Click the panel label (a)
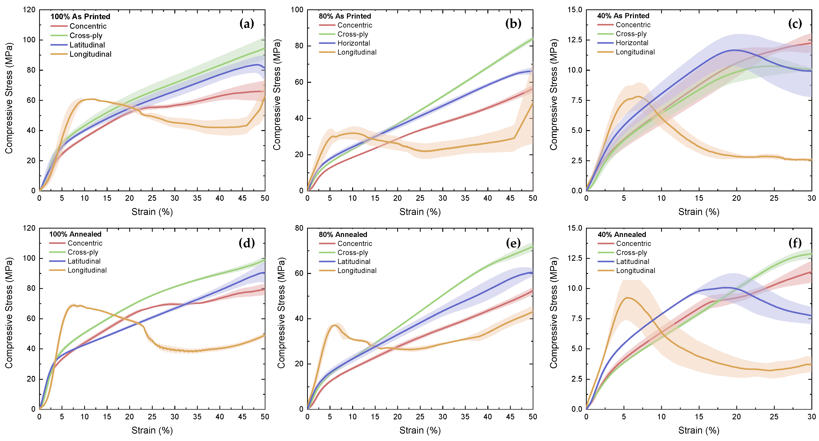click(246, 24)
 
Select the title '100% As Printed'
click(80, 16)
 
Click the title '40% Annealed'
click(622, 235)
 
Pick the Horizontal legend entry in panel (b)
click(353, 43)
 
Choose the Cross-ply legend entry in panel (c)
click(631, 34)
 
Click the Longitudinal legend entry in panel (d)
click(87, 270)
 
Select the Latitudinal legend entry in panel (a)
click(87, 45)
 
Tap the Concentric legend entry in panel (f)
click(633, 243)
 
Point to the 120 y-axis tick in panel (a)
click(29, 10)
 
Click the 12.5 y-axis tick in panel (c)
click(575, 40)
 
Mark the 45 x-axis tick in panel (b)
click(510, 198)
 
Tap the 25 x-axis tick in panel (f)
click(774, 416)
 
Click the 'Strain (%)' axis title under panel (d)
click(152, 430)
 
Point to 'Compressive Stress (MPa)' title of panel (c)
click(554, 95)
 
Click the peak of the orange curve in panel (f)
click(627, 298)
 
